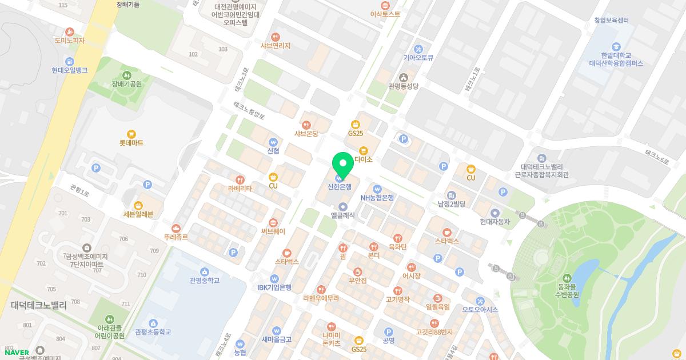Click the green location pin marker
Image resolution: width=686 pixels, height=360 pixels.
[343, 165]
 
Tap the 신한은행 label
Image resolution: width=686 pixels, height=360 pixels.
[340, 186]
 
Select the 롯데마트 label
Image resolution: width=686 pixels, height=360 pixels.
[131, 143]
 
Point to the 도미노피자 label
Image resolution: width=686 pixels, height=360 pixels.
[70, 41]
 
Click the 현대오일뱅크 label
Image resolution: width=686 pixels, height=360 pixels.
[70, 70]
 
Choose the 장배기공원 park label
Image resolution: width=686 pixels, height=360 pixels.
[127, 84]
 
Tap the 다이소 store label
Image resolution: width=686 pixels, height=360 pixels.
[364, 159]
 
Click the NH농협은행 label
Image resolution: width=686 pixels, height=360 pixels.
[377, 198]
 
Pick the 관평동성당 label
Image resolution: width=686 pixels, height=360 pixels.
[404, 86]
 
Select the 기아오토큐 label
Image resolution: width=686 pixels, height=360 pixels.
[418, 57]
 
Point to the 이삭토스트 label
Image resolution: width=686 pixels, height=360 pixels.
[385, 14]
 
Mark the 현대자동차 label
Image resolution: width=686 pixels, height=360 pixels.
[495, 222]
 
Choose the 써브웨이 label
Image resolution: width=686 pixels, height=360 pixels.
[273, 231]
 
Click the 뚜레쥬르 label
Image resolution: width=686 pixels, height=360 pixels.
[176, 237]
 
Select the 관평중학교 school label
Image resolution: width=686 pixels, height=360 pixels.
[205, 281]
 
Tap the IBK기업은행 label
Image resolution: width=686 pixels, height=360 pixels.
[274, 287]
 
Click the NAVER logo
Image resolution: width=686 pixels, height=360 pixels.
[17, 352]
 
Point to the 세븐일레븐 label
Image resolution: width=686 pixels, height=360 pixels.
[138, 214]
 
